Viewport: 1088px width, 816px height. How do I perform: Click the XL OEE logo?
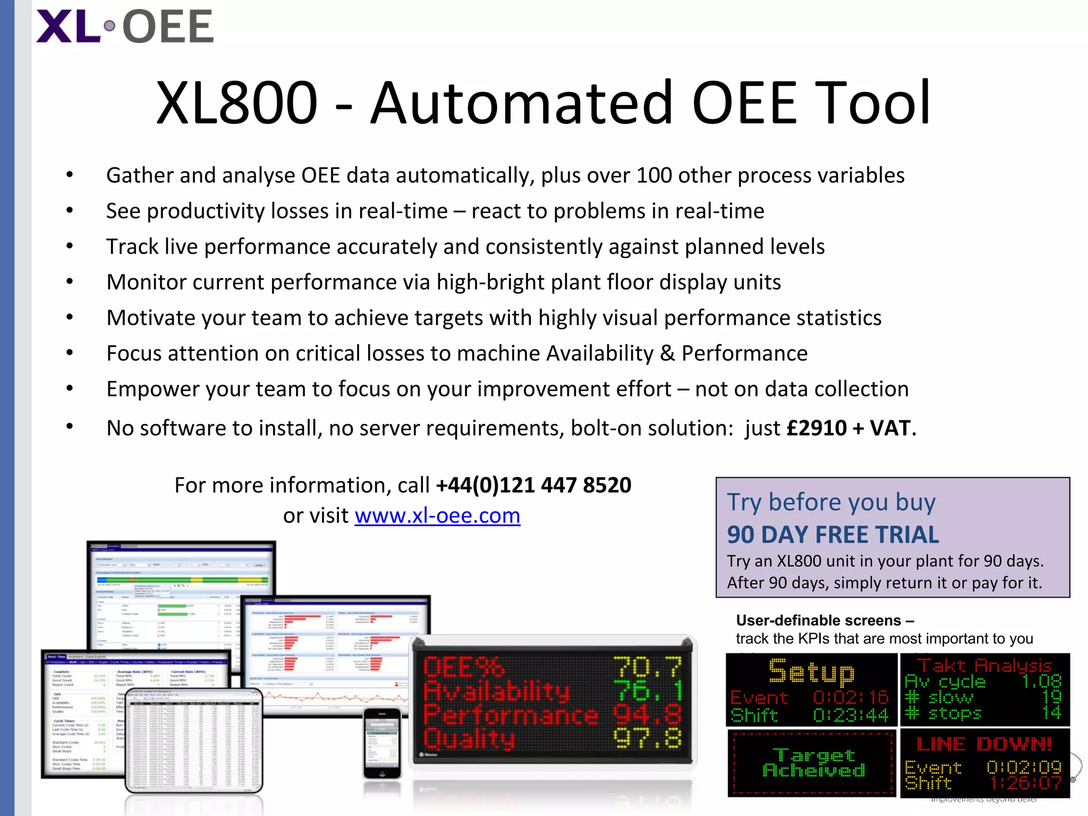(125, 27)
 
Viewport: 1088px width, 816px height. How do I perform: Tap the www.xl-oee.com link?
(437, 515)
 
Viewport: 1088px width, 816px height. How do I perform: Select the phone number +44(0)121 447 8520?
(533, 485)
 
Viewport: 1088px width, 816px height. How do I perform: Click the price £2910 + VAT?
(850, 428)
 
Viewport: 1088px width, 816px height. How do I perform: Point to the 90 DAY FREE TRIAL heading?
(832, 535)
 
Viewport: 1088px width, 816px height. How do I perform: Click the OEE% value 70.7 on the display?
(647, 668)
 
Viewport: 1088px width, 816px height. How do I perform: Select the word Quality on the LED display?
(469, 739)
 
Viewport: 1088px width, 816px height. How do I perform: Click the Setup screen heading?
(811, 671)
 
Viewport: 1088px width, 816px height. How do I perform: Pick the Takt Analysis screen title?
(985, 665)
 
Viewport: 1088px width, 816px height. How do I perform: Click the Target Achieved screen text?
(813, 762)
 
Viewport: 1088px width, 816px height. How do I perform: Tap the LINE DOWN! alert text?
(984, 744)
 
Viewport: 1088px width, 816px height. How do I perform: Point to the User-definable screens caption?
(824, 620)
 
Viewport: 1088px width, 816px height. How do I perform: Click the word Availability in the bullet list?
(600, 353)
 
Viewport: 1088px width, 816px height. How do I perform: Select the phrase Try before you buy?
(831, 502)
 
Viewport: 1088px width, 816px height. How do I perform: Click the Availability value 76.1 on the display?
(647, 691)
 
